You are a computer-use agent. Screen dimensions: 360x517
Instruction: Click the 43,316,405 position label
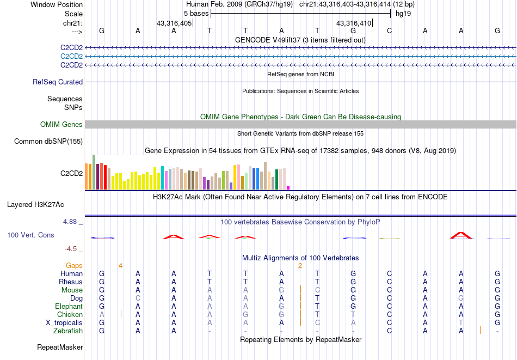(x=174, y=23)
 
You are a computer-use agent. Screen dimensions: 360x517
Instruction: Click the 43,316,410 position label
(x=354, y=23)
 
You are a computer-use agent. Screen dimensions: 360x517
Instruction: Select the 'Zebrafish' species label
(x=68, y=331)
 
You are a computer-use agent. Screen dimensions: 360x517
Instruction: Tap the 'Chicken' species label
(x=70, y=314)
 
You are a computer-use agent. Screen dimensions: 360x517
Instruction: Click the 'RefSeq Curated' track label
(x=58, y=82)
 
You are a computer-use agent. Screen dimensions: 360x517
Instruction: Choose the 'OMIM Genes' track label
(x=61, y=125)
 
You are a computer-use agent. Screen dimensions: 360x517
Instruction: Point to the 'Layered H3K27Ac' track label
(x=35, y=205)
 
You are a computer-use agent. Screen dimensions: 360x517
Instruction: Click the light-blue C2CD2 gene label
(x=72, y=56)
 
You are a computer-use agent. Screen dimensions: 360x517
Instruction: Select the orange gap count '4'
(x=120, y=265)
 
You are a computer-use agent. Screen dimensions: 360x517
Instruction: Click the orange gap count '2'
(x=300, y=265)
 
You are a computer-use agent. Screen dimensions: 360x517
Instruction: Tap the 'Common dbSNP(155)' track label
(x=48, y=142)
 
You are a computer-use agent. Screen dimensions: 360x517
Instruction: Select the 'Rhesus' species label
(x=71, y=282)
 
